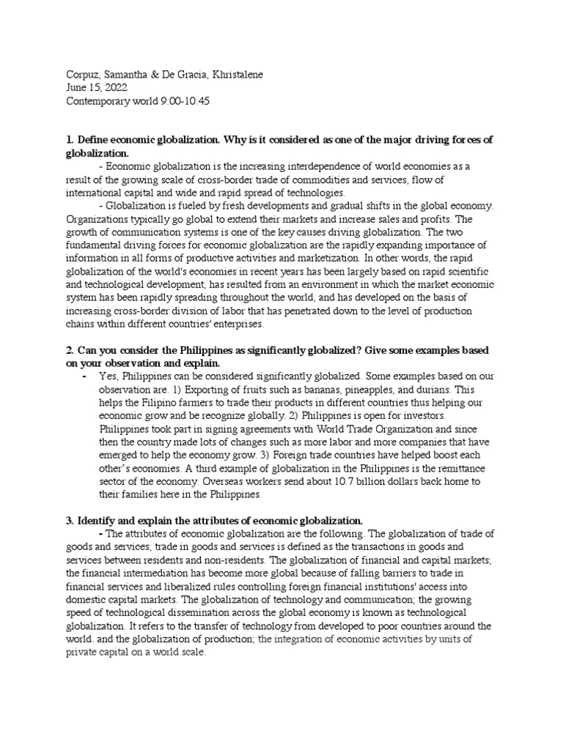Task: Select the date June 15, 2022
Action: point(91,88)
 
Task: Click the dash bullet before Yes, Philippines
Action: point(85,376)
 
